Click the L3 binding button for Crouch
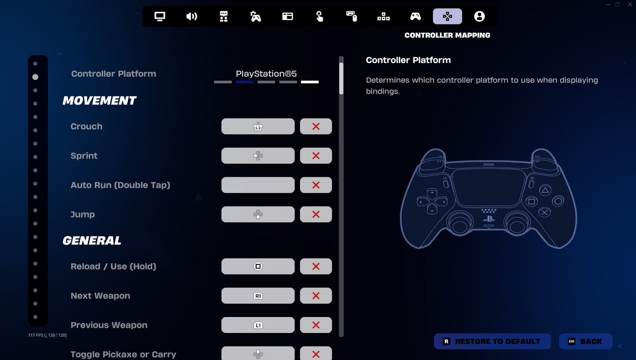pos(258,126)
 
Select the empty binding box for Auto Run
pos(258,185)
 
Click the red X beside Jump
pos(316,214)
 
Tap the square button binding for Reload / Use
pos(258,266)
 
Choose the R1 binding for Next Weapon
pos(258,296)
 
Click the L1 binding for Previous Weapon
pos(258,325)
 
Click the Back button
pos(586,341)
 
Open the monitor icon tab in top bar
pos(160,16)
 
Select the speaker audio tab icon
pos(192,16)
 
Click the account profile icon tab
pos(479,16)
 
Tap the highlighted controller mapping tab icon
pos(447,16)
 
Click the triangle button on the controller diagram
pos(545,190)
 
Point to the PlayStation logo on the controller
pos(489,219)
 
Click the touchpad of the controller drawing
pos(488,188)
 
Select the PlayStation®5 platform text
pos(266,74)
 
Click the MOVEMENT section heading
pos(100,101)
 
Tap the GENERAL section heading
pos(92,241)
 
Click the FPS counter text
pos(47,335)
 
